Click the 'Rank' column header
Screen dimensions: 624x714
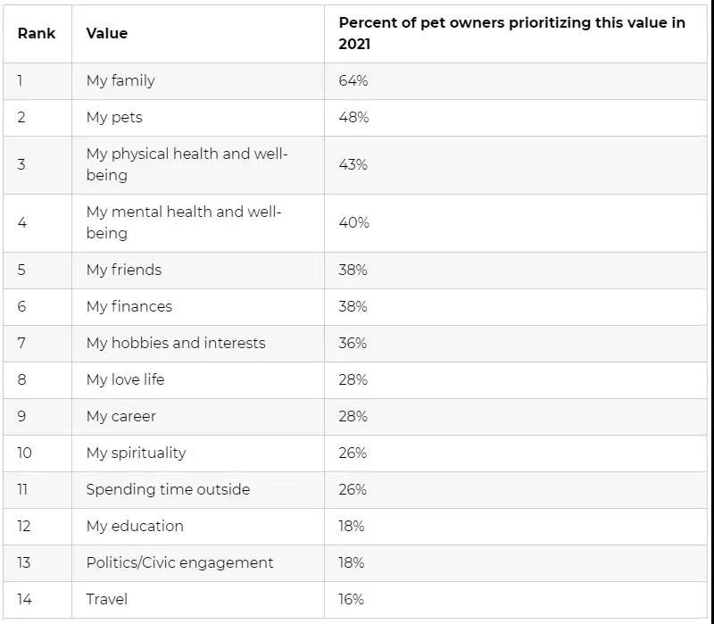point(36,33)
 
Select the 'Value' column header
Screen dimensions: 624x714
point(106,33)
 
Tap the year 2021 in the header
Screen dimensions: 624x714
point(354,44)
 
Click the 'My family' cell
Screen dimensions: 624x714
point(120,80)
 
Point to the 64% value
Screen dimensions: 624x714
point(353,80)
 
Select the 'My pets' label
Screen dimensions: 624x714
point(114,117)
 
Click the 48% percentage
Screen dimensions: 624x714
point(353,117)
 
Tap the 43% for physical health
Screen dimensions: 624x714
point(353,164)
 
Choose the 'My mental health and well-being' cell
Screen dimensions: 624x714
point(183,222)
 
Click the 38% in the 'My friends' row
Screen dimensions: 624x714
point(353,270)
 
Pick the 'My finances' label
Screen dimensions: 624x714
point(129,306)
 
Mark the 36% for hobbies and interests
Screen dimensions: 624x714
point(353,343)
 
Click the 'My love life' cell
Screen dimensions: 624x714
point(125,379)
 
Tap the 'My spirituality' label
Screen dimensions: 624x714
point(136,453)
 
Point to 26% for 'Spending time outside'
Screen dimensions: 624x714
point(353,489)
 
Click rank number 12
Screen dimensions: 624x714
point(24,526)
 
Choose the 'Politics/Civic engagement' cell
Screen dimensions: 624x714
point(179,562)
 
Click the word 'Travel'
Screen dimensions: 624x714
point(106,599)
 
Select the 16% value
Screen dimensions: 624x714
point(352,599)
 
